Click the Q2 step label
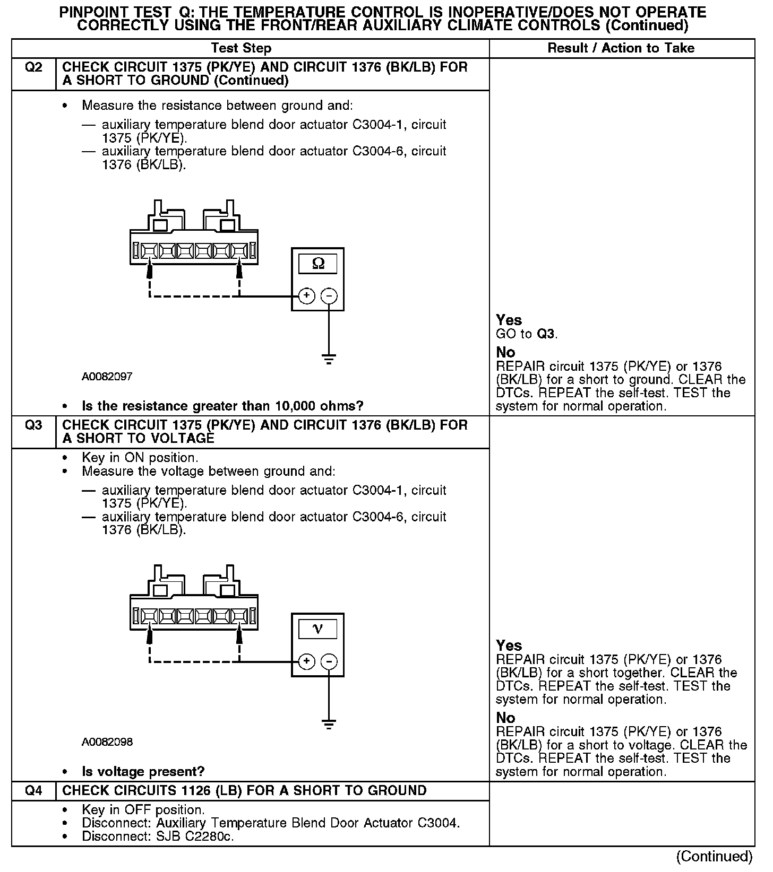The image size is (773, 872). tap(33, 67)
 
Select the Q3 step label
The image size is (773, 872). tap(33, 425)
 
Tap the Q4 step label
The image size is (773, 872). tap(33, 791)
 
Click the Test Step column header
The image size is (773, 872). tap(241, 48)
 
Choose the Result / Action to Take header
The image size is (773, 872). tap(621, 48)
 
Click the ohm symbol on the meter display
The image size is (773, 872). tap(317, 263)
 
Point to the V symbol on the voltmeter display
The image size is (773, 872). tap(317, 629)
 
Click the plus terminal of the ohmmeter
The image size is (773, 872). tap(306, 295)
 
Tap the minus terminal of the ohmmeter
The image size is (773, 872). tap(329, 295)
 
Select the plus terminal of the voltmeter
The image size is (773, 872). tap(306, 661)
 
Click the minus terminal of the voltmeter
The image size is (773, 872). tap(329, 661)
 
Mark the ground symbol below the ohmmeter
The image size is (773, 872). tap(329, 359)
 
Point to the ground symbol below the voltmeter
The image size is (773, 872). tap(329, 725)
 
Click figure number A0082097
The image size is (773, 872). tap(107, 377)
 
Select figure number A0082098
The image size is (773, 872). tap(107, 742)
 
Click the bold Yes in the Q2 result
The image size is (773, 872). tap(509, 320)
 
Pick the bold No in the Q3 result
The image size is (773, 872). tap(505, 718)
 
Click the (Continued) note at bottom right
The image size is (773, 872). tap(714, 857)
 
